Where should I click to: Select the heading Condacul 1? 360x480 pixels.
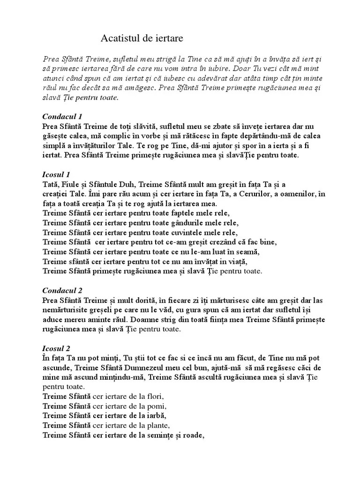click(x=62, y=116)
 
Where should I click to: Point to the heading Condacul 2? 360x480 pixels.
click(x=62, y=291)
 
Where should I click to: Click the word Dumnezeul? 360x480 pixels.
click(x=130, y=368)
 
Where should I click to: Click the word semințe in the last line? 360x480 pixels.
click(x=162, y=435)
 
